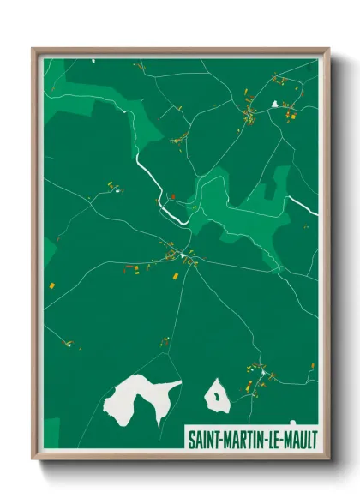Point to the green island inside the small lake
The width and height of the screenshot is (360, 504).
[216, 396]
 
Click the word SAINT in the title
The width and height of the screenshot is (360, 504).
[207, 438]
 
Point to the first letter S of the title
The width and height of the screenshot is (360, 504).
[191, 438]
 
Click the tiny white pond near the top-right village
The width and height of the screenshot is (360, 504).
[275, 105]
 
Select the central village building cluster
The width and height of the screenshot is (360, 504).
[186, 255]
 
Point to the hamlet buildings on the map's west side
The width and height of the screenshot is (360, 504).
[112, 186]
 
